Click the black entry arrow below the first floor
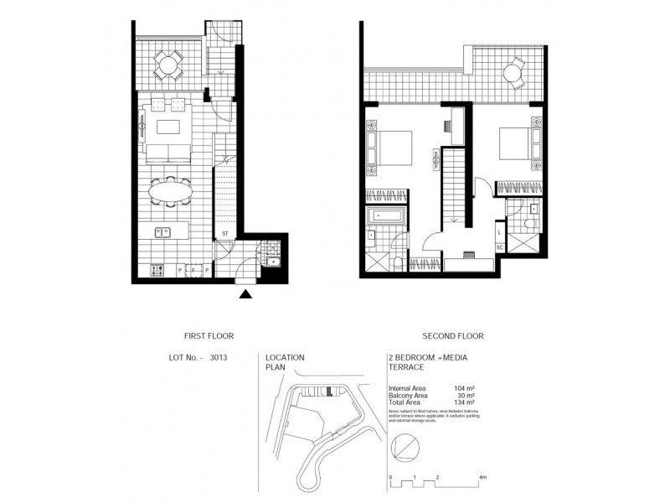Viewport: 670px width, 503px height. pyautogui.click(x=245, y=293)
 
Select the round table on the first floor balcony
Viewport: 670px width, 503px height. pyautogui.click(x=168, y=64)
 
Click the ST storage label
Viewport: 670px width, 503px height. pyautogui.click(x=225, y=234)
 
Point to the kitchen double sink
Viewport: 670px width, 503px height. pyautogui.click(x=161, y=232)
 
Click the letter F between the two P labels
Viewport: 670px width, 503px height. pyautogui.click(x=193, y=270)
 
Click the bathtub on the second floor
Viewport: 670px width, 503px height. pyautogui.click(x=388, y=217)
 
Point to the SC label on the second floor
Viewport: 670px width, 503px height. pyautogui.click(x=499, y=248)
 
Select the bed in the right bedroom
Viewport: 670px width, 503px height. pyautogui.click(x=512, y=144)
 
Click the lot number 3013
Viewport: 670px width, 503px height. pyautogui.click(x=219, y=357)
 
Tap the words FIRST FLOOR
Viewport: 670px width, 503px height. pyautogui.click(x=201, y=336)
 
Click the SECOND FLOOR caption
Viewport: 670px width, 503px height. pyautogui.click(x=453, y=336)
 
